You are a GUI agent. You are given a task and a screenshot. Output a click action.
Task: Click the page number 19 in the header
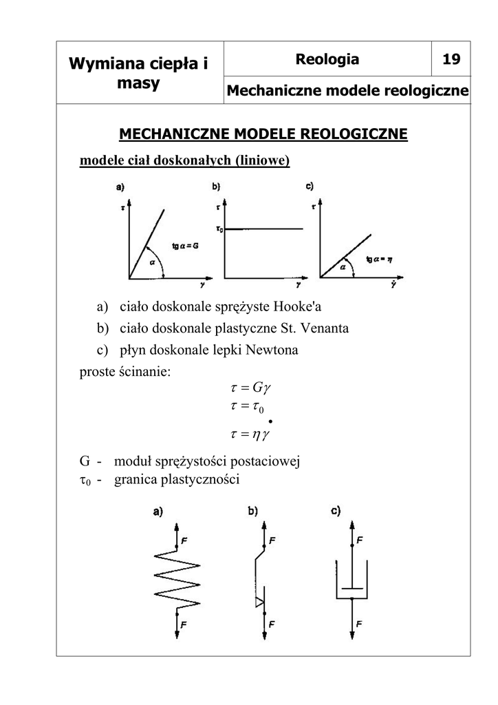[x=451, y=59]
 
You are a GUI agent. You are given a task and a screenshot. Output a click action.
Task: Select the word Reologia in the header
[x=327, y=59]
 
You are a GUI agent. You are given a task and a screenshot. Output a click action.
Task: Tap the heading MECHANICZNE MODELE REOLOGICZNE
[x=263, y=133]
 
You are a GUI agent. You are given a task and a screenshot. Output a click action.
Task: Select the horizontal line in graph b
[x=265, y=229]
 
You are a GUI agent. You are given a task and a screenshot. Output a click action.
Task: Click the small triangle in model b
[x=259, y=603]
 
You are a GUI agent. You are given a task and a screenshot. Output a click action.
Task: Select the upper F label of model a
[x=184, y=539]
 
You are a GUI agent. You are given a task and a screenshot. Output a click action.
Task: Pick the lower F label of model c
[x=360, y=624]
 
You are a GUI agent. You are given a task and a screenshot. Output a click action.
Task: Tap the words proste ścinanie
[x=125, y=372]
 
